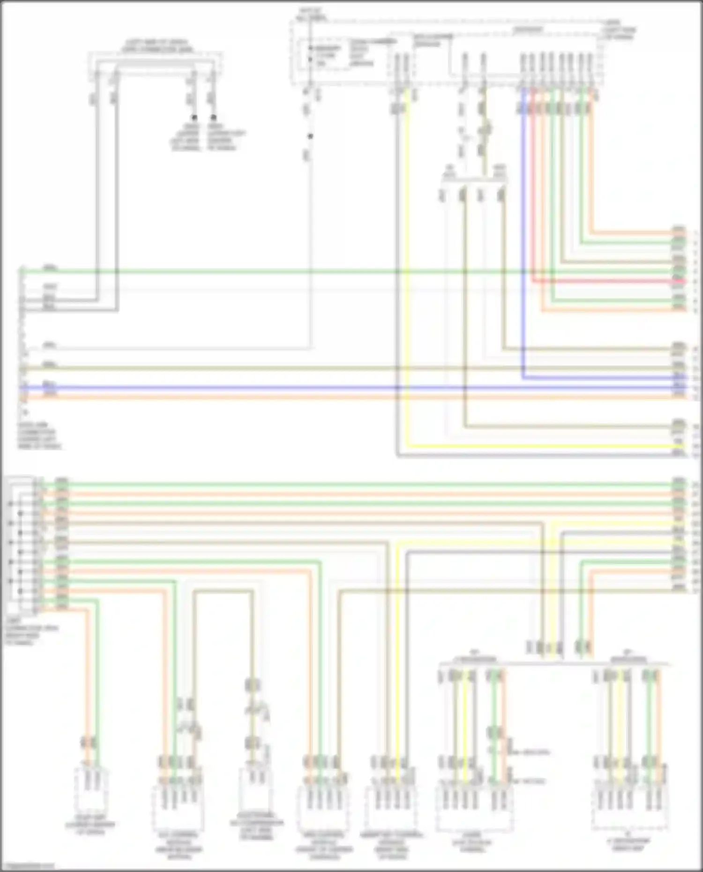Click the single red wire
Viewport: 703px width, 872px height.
(x=609, y=282)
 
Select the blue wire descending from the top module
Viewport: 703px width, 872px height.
(x=524, y=234)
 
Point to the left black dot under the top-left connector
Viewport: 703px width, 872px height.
(x=194, y=118)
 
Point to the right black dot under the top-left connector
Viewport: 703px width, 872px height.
(x=214, y=118)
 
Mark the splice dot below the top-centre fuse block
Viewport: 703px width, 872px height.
(x=310, y=136)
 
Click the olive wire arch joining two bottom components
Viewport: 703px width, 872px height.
(x=223, y=591)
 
